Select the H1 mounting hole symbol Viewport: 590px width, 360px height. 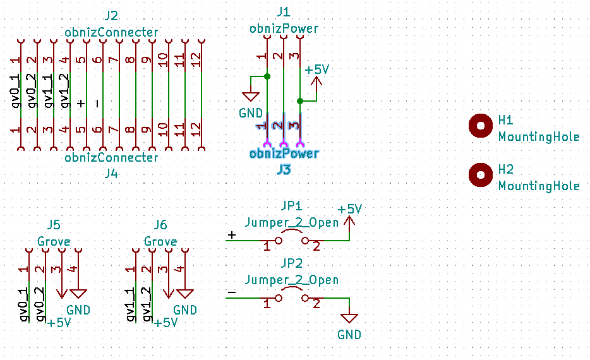pos(481,126)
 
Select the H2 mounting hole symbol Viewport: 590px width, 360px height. pos(481,175)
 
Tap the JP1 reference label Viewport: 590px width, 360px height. pos(291,206)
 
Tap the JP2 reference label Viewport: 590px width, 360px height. pos(291,263)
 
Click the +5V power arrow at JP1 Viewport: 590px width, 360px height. pos(350,221)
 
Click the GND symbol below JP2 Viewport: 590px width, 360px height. pos(349,318)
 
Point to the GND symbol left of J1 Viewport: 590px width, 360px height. pos(251,97)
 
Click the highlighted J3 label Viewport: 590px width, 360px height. pos(283,169)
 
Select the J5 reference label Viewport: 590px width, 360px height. pos(54,225)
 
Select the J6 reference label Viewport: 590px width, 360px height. pos(160,225)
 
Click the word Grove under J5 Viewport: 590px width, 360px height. pos(54,242)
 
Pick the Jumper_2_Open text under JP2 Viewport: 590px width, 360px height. pos(291,280)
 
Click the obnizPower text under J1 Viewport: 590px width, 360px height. pos(284,28)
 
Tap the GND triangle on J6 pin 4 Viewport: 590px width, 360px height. pos(185,294)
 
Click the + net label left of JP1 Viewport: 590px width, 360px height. pos(231,235)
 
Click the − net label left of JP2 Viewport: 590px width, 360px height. pos(231,292)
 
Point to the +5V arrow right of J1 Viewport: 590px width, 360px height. pos(316,81)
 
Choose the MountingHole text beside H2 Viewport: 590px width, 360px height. pos(538,186)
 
